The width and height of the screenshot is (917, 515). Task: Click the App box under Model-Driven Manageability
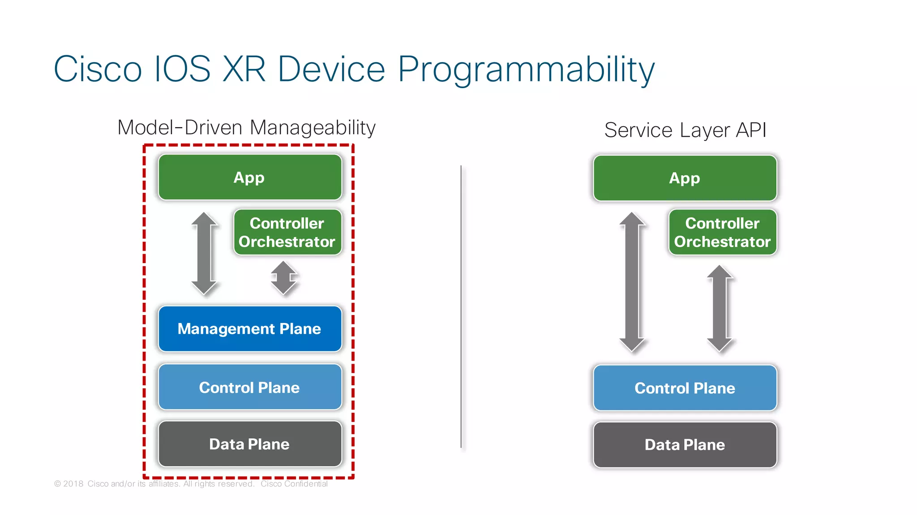(250, 177)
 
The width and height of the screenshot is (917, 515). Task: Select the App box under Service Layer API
(685, 178)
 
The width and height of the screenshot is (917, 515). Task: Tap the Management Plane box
(250, 329)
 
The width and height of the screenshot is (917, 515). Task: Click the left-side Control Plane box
(250, 387)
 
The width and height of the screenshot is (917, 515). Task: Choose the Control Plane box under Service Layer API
(685, 388)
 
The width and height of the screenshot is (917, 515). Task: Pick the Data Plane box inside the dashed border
(250, 444)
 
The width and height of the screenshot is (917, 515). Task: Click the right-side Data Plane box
(685, 445)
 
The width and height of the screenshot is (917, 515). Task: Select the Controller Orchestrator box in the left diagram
(287, 232)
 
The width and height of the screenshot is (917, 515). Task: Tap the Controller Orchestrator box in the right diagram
(722, 232)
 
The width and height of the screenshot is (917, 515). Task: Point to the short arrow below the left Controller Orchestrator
(283, 278)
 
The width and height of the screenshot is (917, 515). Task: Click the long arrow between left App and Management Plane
(204, 253)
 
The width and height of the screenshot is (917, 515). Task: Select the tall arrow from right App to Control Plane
(632, 282)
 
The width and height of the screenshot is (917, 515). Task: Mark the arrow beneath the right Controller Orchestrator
(720, 308)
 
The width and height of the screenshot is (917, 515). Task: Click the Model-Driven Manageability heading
(246, 128)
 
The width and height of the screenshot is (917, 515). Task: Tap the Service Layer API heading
(685, 130)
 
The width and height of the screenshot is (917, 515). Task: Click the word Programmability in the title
(526, 69)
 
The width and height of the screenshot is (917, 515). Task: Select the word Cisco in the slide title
(98, 69)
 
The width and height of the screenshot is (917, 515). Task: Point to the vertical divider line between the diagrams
(461, 306)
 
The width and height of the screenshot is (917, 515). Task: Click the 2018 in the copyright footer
(73, 484)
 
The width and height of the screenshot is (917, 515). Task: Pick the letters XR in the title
(244, 69)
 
